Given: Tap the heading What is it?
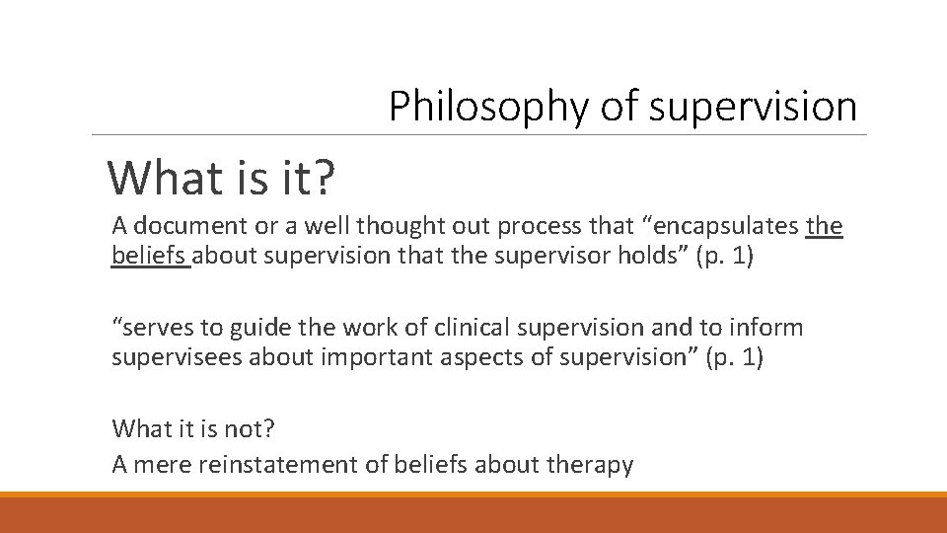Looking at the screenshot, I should click(222, 178).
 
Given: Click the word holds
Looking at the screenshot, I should click(663, 257).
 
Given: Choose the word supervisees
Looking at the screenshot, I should click(177, 357).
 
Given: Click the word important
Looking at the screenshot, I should click(371, 357).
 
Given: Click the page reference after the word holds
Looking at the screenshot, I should click(729, 257).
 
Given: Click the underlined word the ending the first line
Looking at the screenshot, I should click(825, 226).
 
